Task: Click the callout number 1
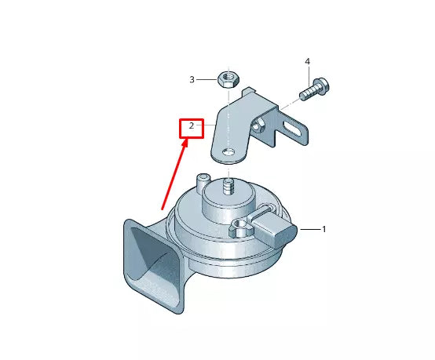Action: click(x=324, y=229)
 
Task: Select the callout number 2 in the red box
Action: click(x=189, y=126)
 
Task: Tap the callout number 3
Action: click(x=191, y=79)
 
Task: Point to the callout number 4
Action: click(x=307, y=61)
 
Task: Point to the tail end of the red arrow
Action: click(x=163, y=210)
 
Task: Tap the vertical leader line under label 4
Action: click(x=307, y=73)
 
